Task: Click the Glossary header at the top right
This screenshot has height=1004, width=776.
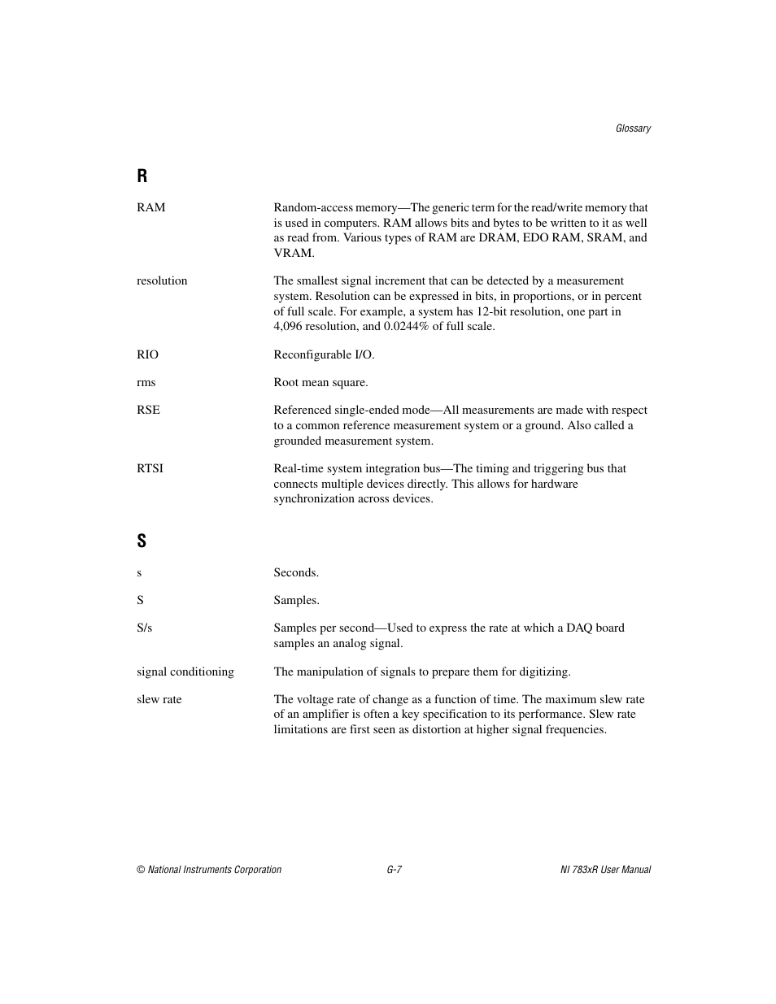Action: [633, 128]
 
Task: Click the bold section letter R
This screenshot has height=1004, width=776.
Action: [142, 176]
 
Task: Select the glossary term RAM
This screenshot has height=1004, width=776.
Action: [150, 207]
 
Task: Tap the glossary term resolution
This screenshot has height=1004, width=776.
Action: [162, 280]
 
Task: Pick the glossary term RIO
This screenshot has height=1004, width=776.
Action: [147, 354]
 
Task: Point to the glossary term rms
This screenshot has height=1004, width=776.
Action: [146, 382]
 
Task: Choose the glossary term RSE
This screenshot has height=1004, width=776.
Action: [148, 410]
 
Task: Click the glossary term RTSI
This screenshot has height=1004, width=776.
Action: [150, 468]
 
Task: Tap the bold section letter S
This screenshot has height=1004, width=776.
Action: [142, 541]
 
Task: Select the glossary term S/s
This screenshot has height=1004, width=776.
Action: [144, 628]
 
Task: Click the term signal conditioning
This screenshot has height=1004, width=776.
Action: [185, 672]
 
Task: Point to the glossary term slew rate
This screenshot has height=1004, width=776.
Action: [159, 699]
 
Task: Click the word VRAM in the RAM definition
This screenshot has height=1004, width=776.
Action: [293, 253]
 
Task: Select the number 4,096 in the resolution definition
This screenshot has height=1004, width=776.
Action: [289, 326]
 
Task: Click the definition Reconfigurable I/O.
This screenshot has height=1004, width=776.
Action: [324, 354]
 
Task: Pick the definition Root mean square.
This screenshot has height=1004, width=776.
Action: [320, 382]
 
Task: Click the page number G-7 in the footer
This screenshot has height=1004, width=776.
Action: [395, 870]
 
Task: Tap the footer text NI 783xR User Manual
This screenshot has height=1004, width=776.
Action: [600, 870]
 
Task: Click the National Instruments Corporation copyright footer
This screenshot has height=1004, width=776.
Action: [209, 870]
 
